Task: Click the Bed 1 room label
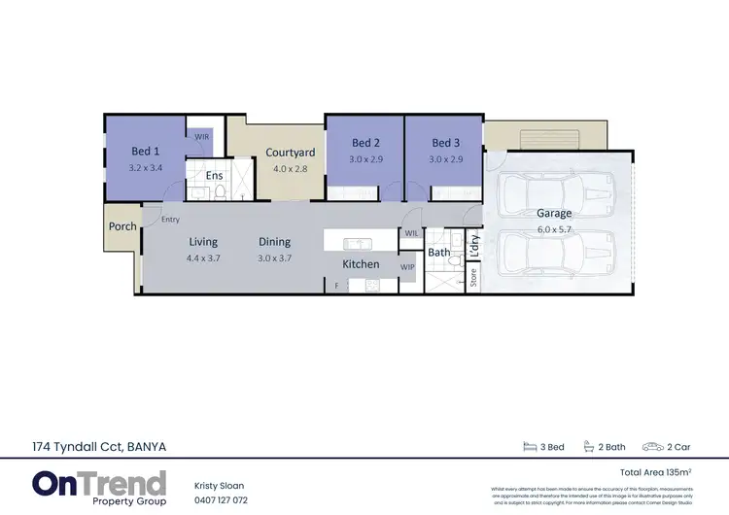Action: tap(146, 152)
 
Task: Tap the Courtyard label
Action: tap(290, 153)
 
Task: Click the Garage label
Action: tap(554, 213)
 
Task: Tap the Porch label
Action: tap(122, 226)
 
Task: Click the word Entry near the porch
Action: tap(171, 220)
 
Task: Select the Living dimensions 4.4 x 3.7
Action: tap(203, 257)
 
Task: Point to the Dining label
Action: tap(274, 242)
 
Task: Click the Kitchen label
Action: tap(360, 264)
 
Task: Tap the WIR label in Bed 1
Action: tap(202, 137)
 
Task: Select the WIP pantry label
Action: tap(407, 265)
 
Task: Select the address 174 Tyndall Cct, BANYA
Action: tap(97, 447)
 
